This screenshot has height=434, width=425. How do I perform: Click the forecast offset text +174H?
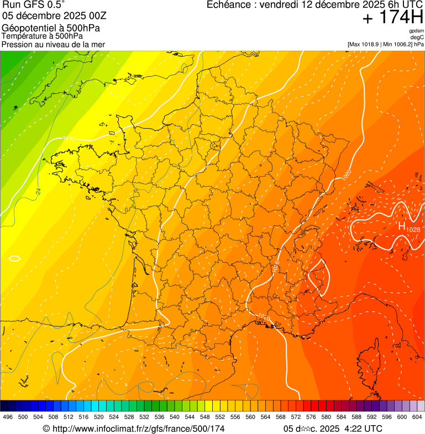[x=392, y=18]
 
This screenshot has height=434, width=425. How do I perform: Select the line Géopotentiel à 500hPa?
[x=51, y=28]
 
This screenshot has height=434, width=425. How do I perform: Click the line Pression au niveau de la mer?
[x=53, y=44]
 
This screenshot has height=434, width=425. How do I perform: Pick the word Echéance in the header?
[x=229, y=5]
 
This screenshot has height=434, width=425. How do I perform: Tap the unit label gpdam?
[x=416, y=31]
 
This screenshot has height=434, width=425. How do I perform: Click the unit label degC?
[x=417, y=37]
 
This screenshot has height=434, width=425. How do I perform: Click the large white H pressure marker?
[x=402, y=225]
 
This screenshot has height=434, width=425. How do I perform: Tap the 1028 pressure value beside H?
[x=413, y=229]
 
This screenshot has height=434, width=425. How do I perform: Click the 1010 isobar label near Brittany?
[x=69, y=139]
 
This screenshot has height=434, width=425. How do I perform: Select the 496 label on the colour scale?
[x=8, y=417]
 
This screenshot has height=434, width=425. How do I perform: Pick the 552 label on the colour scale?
[x=220, y=417]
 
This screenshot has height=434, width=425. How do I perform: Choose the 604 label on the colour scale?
[x=417, y=417]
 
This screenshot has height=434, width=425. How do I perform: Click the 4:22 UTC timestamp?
[x=363, y=428]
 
